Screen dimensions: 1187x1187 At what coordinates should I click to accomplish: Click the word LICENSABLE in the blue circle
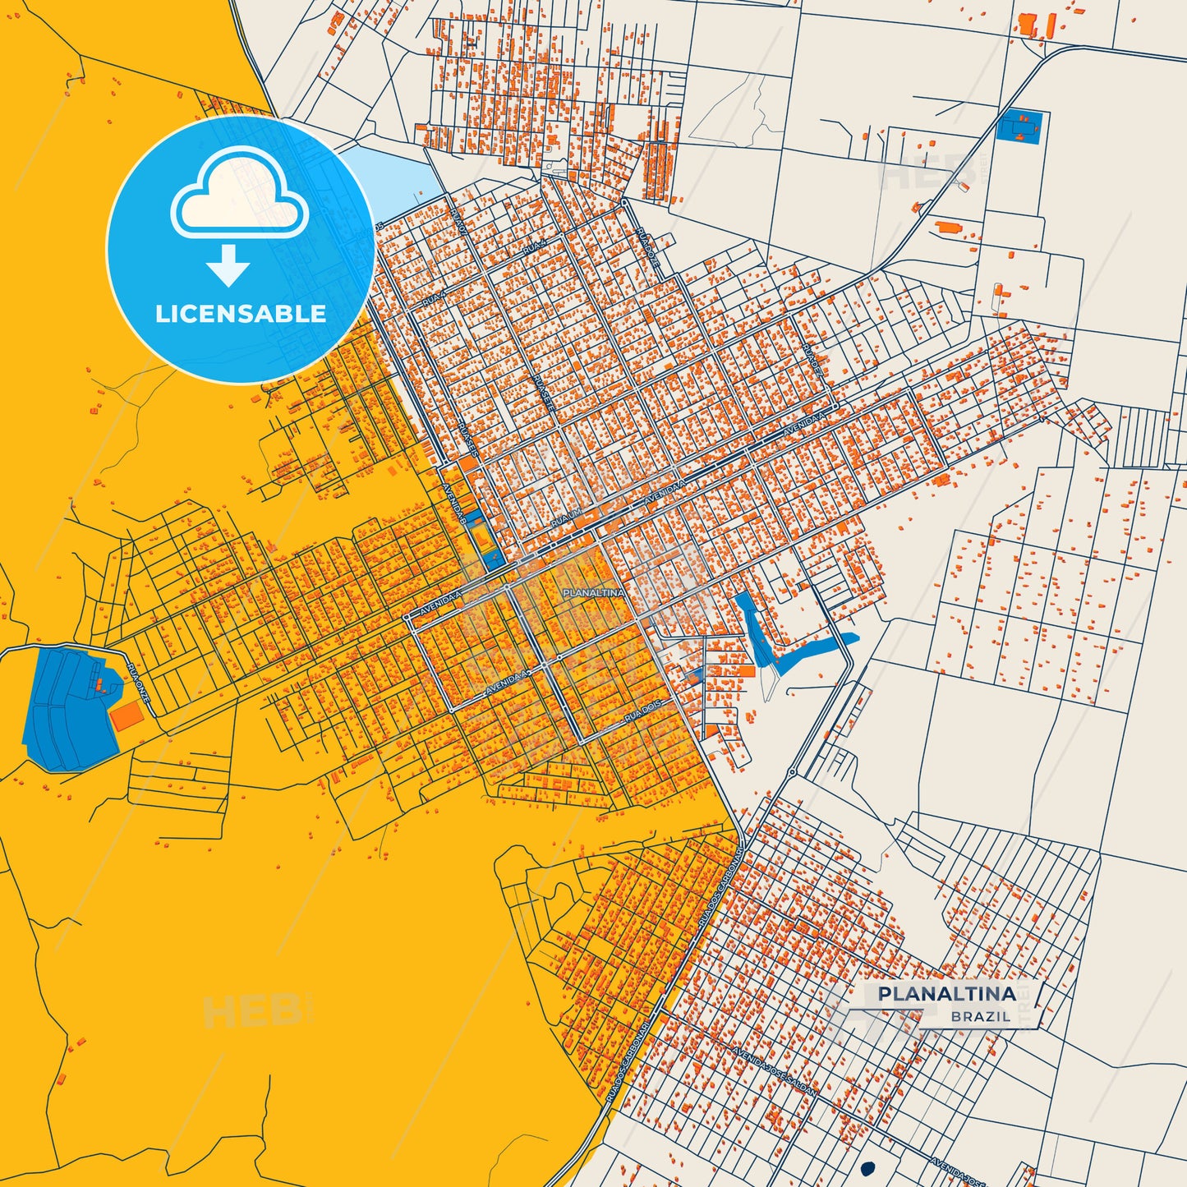coord(241,314)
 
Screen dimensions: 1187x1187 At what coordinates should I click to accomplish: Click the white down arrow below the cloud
coord(229,265)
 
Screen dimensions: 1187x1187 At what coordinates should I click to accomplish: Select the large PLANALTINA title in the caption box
coord(946,993)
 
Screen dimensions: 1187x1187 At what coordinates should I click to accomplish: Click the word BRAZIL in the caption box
coord(981,1016)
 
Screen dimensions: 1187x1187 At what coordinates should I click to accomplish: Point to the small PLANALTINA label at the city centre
coord(593,592)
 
